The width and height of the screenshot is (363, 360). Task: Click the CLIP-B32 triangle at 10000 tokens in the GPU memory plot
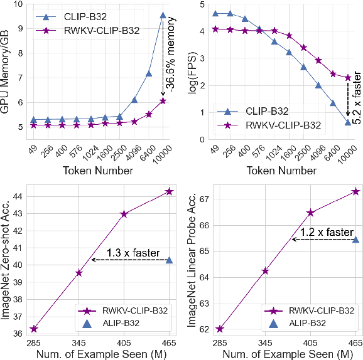coord(163,15)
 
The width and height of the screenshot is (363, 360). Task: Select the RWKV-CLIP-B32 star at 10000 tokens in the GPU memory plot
coord(163,101)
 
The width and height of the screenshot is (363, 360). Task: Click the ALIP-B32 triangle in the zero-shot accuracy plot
coord(169,260)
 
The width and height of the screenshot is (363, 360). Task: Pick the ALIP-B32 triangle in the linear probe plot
coord(355,240)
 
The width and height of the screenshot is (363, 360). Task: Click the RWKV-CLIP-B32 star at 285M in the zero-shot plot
coord(34,329)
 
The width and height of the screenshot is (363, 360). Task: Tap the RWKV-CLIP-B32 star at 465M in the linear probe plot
coord(355,191)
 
